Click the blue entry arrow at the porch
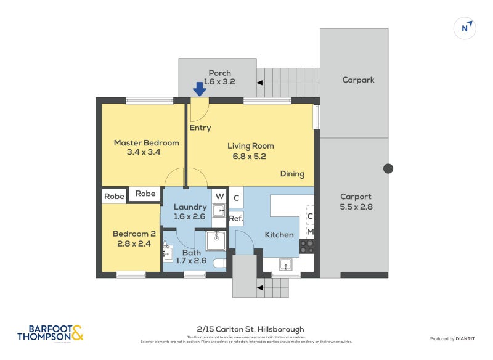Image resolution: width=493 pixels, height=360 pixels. (199, 89)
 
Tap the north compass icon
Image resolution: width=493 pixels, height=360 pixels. (465, 28)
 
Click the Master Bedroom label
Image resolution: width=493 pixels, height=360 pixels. (146, 143)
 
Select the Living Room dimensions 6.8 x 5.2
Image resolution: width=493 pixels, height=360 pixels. (250, 156)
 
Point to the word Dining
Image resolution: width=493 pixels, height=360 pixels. (292, 174)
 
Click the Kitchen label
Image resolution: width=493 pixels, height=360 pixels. (279, 235)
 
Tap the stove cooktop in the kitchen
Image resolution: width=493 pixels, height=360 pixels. (307, 247)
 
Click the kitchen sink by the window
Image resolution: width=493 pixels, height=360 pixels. (285, 264)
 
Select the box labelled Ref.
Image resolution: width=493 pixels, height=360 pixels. (236, 218)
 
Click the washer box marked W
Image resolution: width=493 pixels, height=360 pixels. (219, 197)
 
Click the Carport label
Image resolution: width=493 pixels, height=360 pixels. (356, 197)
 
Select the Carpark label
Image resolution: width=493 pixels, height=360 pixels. (358, 80)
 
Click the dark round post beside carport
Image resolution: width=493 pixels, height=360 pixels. (388, 168)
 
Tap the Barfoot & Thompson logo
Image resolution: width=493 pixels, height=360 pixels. (50, 333)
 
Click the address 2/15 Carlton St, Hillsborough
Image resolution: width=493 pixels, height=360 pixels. (246, 329)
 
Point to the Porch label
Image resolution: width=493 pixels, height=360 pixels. (219, 73)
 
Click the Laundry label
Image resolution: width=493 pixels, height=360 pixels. (190, 207)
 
